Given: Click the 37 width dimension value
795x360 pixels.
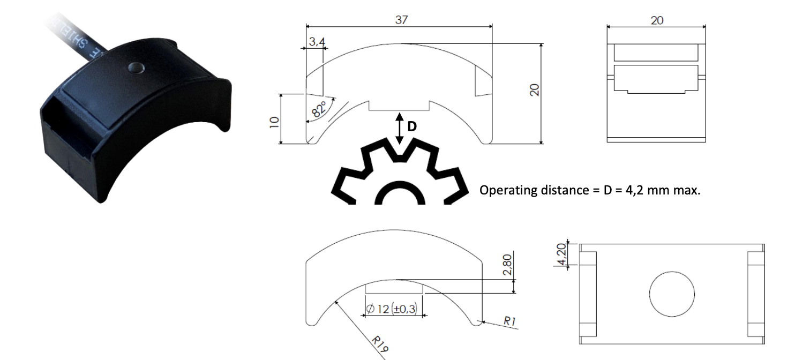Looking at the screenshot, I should (x=401, y=20).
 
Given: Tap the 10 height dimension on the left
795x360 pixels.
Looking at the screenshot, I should (x=274, y=121).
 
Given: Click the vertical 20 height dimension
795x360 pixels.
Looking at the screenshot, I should (x=534, y=89).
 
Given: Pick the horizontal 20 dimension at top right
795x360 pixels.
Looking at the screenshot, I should (x=656, y=20).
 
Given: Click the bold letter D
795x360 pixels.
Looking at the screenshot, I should (x=412, y=127).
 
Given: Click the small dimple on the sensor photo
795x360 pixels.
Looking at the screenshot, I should (x=136, y=67).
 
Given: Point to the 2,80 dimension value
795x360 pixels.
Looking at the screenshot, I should (x=508, y=264).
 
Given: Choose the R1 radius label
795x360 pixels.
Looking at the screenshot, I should (x=509, y=321).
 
